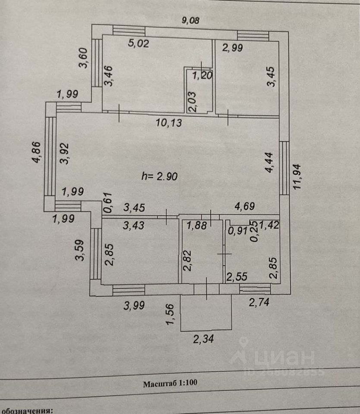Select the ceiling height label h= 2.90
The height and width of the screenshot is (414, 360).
coord(160,176)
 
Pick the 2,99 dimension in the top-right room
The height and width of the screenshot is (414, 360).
coord(232,47)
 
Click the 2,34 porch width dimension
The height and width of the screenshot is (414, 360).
coord(203,340)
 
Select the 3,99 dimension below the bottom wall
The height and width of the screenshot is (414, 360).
coord(134,306)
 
